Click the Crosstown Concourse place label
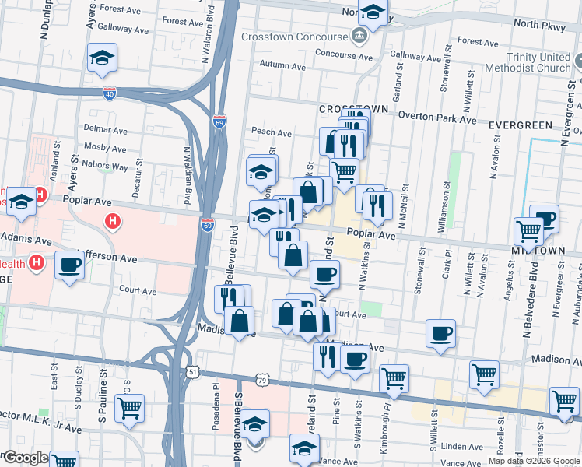tap(294, 37)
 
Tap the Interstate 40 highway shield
tap(110, 93)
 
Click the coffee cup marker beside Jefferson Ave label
tap(69, 265)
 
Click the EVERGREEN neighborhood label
tap(520, 125)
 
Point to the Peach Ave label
tap(271, 133)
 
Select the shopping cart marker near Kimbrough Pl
tap(394, 377)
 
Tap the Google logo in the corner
tap(25, 458)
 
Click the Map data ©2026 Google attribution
tap(534, 461)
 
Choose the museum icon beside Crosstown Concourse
tap(359, 36)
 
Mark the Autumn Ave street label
tap(284, 65)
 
